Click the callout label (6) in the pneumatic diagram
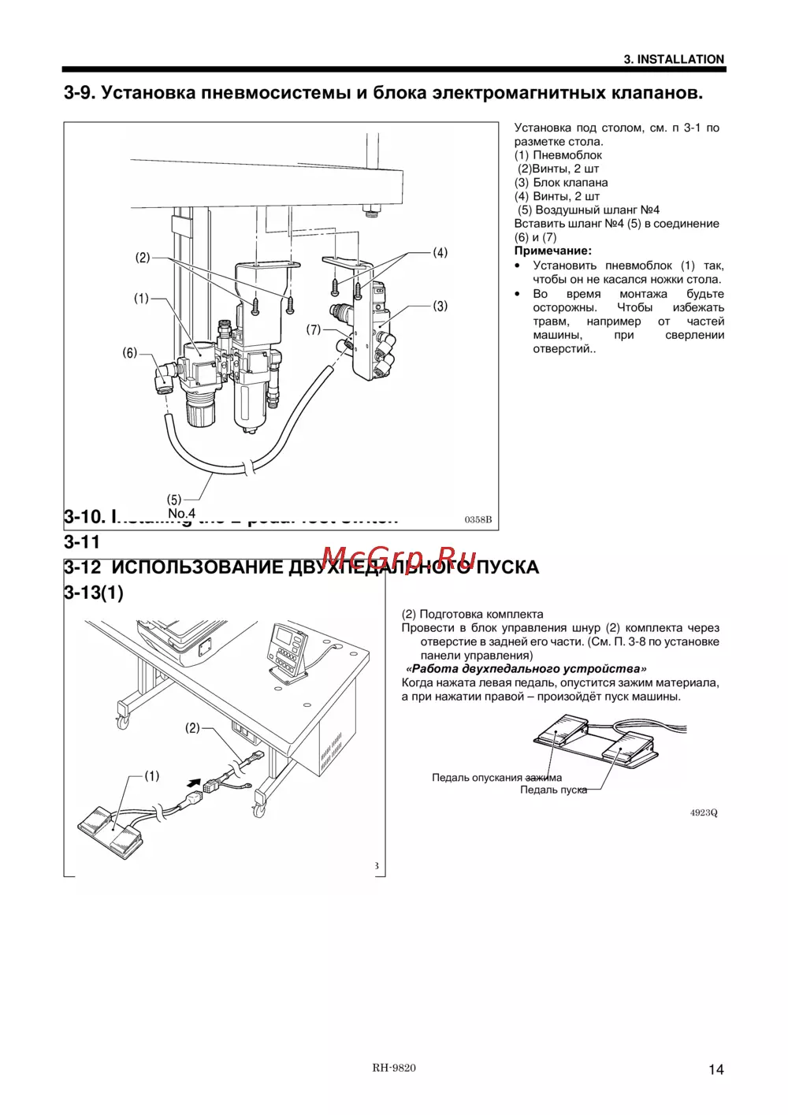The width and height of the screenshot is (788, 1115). click(130, 353)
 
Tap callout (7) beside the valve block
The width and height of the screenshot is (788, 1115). click(314, 329)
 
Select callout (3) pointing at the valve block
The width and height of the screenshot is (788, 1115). click(440, 306)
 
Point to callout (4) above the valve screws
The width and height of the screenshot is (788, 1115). click(440, 253)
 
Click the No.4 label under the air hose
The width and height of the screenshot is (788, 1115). click(181, 513)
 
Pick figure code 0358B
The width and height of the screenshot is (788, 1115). click(478, 519)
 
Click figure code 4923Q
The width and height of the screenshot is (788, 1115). click(704, 812)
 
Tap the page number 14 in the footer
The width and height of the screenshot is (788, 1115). click(716, 1069)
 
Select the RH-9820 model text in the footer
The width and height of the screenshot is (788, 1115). click(394, 1068)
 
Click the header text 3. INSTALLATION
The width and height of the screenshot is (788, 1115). click(674, 59)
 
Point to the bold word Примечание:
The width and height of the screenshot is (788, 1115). click(552, 251)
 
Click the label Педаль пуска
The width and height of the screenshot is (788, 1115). click(553, 790)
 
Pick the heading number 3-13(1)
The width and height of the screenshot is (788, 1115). click(94, 593)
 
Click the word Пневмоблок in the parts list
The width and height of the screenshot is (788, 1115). click(567, 155)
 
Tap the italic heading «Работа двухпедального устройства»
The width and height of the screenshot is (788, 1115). click(526, 668)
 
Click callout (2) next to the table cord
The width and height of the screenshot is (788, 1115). click(192, 728)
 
